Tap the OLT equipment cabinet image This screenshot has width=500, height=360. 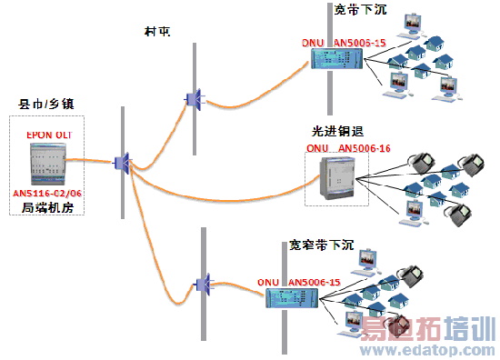pos(46,165)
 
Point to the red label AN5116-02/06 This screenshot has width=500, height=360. pos(49,195)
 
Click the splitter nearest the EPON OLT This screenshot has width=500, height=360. pos(123,165)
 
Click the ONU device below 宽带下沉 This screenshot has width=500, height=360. pos(337,59)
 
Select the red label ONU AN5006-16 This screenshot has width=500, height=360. pos(347,147)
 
